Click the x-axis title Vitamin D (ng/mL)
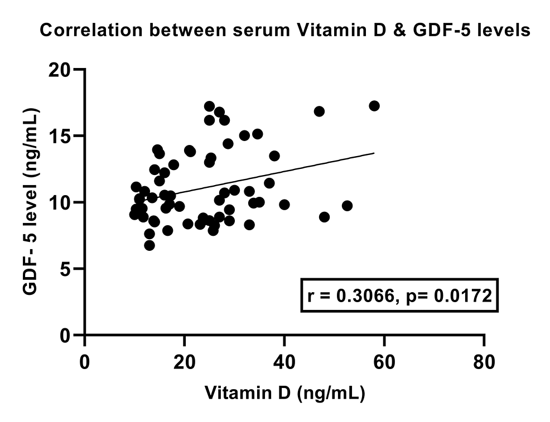click(284, 393)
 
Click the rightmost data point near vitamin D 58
click(374, 106)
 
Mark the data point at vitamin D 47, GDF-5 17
click(319, 111)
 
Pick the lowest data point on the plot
click(149, 245)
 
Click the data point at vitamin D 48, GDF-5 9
click(324, 217)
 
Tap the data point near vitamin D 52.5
click(347, 206)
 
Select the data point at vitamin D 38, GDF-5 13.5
click(274, 156)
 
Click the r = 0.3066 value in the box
click(349, 295)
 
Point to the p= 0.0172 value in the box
click(446, 295)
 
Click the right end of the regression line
click(374, 153)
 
